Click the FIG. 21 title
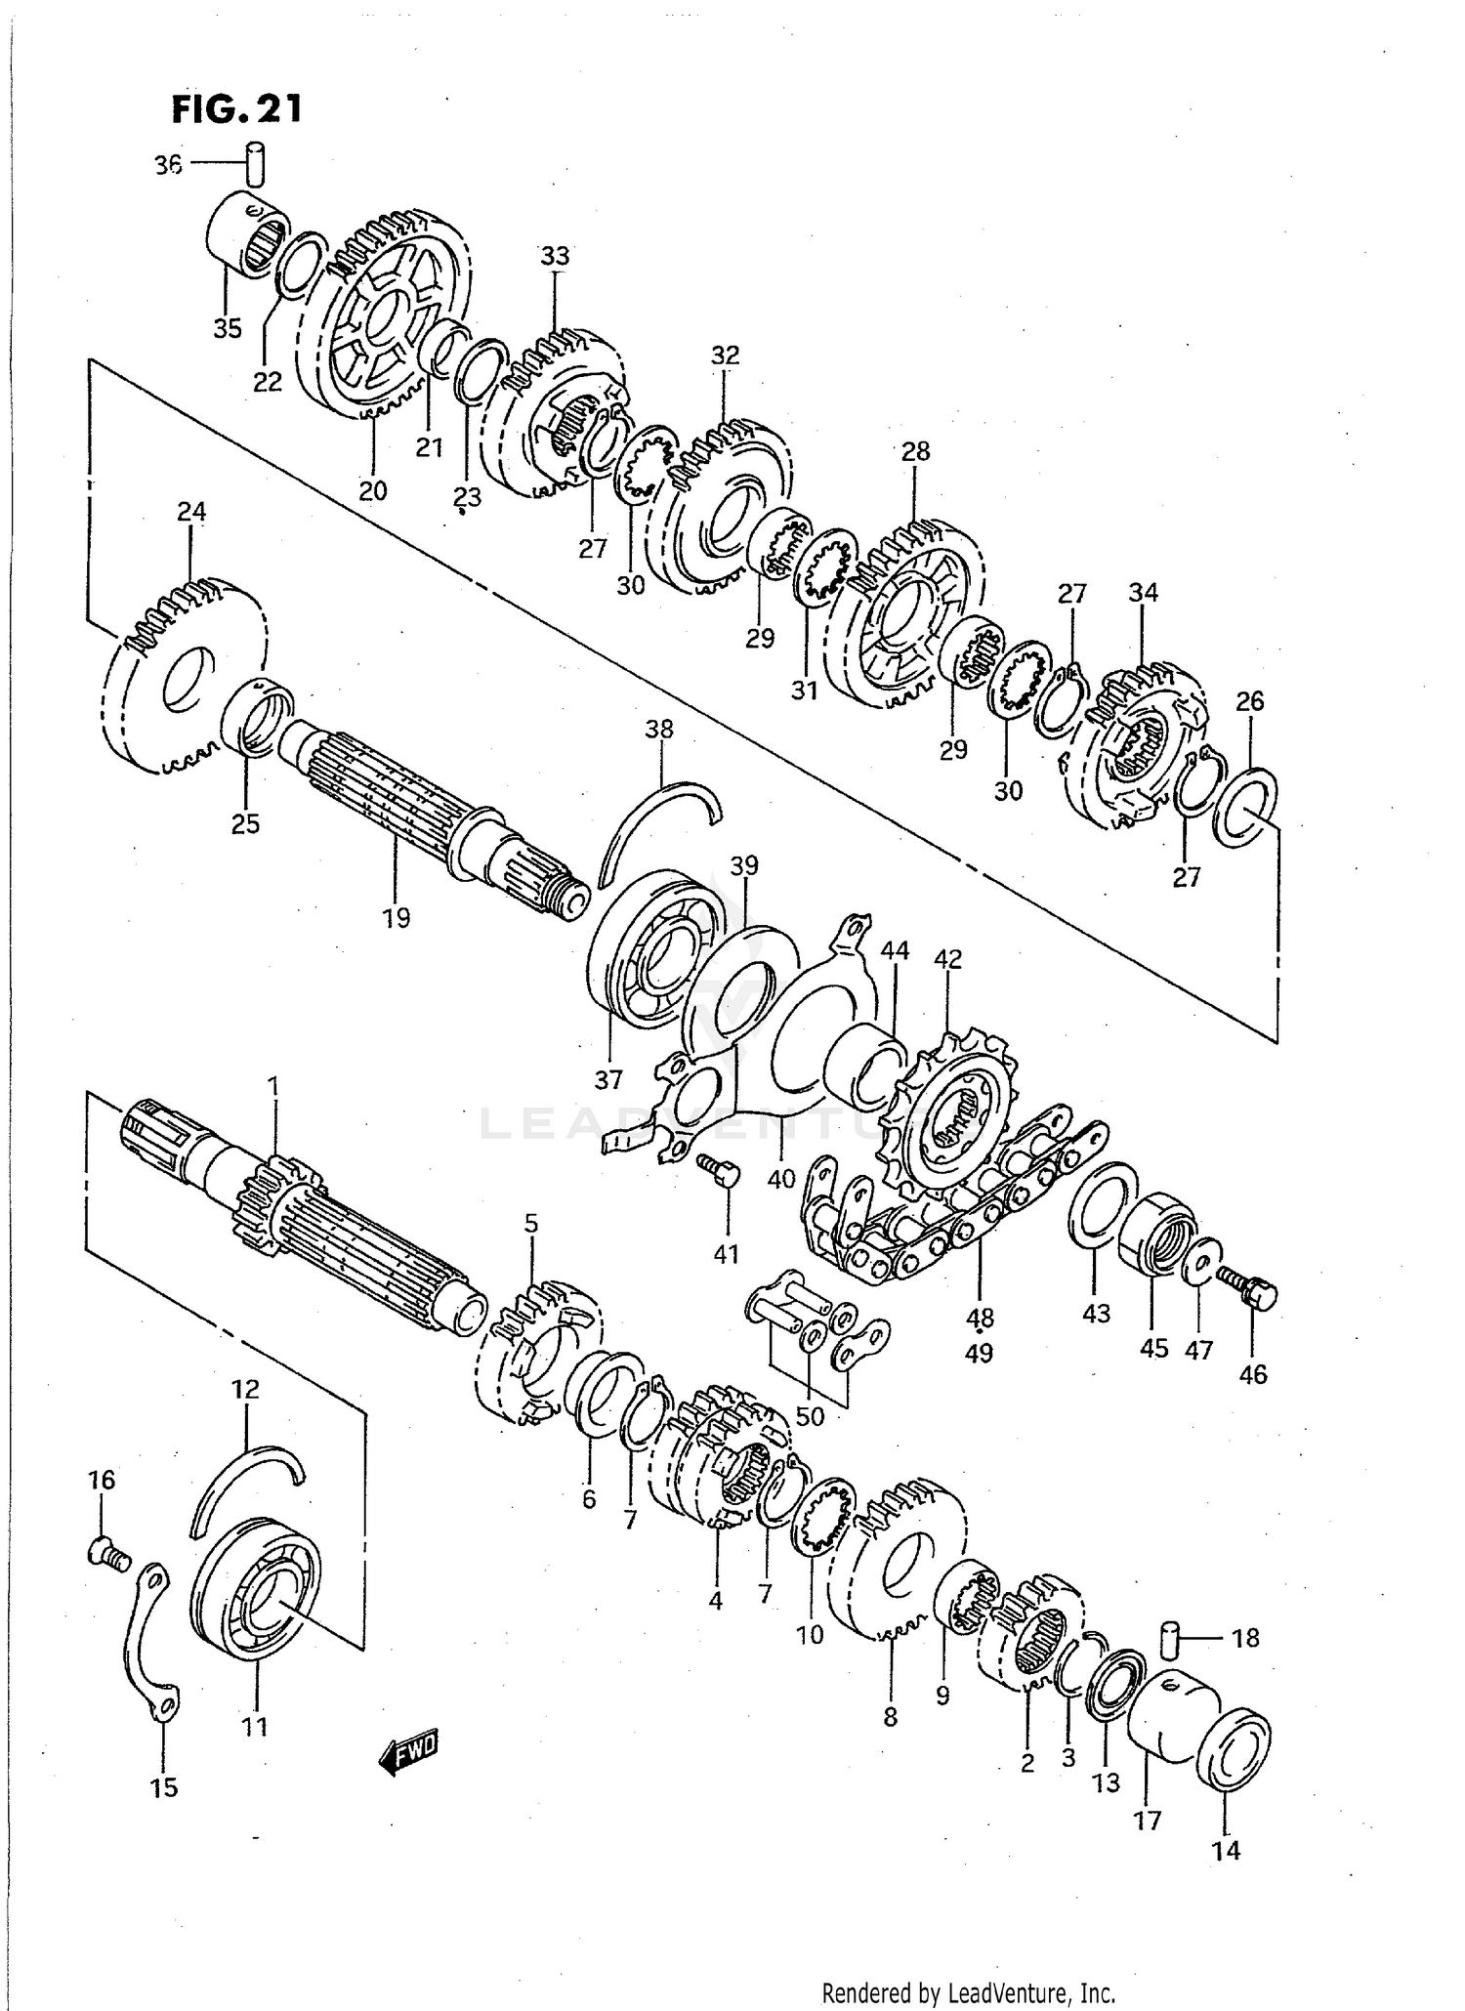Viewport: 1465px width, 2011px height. [236, 108]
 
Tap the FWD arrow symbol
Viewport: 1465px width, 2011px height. [409, 1752]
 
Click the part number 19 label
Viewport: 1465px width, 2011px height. [397, 918]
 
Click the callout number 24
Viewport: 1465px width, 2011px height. [191, 511]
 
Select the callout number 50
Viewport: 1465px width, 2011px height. [810, 1415]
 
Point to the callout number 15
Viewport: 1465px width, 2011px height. [164, 1787]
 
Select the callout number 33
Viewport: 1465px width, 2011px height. [555, 256]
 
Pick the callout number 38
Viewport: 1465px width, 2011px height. [659, 729]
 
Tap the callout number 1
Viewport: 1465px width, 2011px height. [273, 1086]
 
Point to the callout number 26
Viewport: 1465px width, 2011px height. [1249, 700]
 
